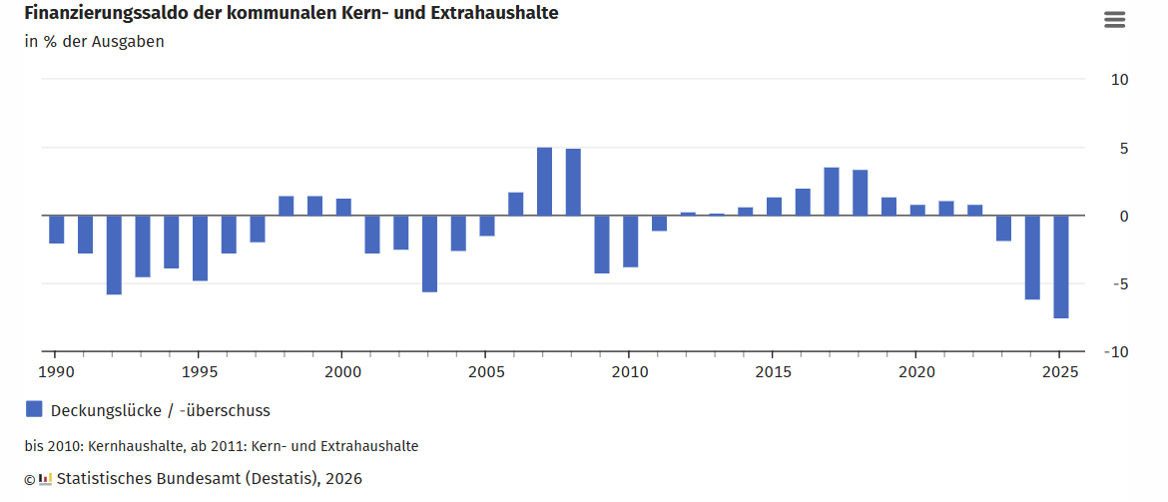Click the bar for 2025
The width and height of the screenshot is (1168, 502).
point(1061,266)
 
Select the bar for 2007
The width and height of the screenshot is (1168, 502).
point(544,182)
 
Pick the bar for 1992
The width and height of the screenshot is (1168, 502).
point(114,254)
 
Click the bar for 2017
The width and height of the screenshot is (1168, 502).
point(832,192)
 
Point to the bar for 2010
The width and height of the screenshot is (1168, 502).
point(630,242)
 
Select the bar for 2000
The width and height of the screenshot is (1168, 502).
point(343,207)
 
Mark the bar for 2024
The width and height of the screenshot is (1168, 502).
point(1032,257)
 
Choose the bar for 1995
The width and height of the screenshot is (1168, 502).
point(200,248)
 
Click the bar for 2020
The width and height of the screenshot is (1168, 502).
point(917,210)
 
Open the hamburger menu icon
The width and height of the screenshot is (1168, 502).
point(1114,20)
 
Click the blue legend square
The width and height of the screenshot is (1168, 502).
point(34,409)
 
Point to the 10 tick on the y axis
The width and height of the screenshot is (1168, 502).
point(1120,80)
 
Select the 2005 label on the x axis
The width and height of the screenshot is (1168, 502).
point(484,372)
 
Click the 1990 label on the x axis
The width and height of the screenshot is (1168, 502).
point(55,372)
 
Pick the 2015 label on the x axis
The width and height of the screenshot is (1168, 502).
point(772,372)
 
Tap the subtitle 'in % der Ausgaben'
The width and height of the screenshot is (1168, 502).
point(94,42)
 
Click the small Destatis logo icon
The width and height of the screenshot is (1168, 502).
point(45,480)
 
